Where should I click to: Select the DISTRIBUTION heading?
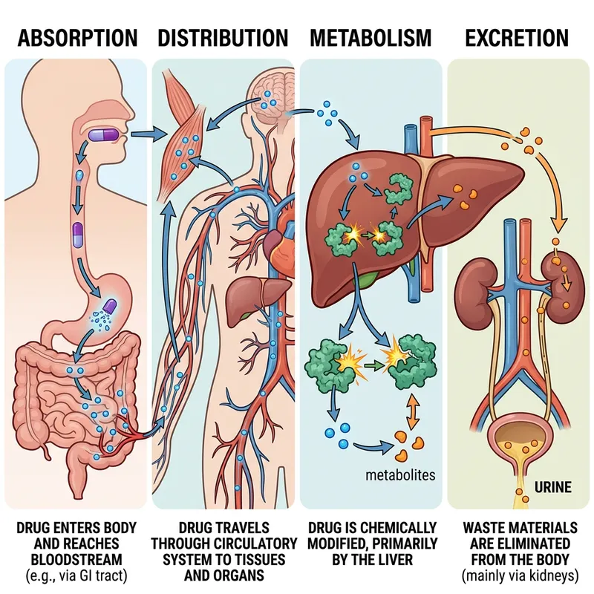pyautogui.click(x=223, y=38)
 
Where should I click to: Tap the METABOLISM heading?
pyautogui.click(x=370, y=38)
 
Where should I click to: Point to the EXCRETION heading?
pyautogui.click(x=517, y=38)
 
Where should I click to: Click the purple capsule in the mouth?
pyautogui.click(x=110, y=134)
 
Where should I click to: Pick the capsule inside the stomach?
pyautogui.click(x=109, y=305)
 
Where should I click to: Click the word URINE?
pyautogui.click(x=552, y=488)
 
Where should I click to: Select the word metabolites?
pyautogui.click(x=401, y=475)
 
